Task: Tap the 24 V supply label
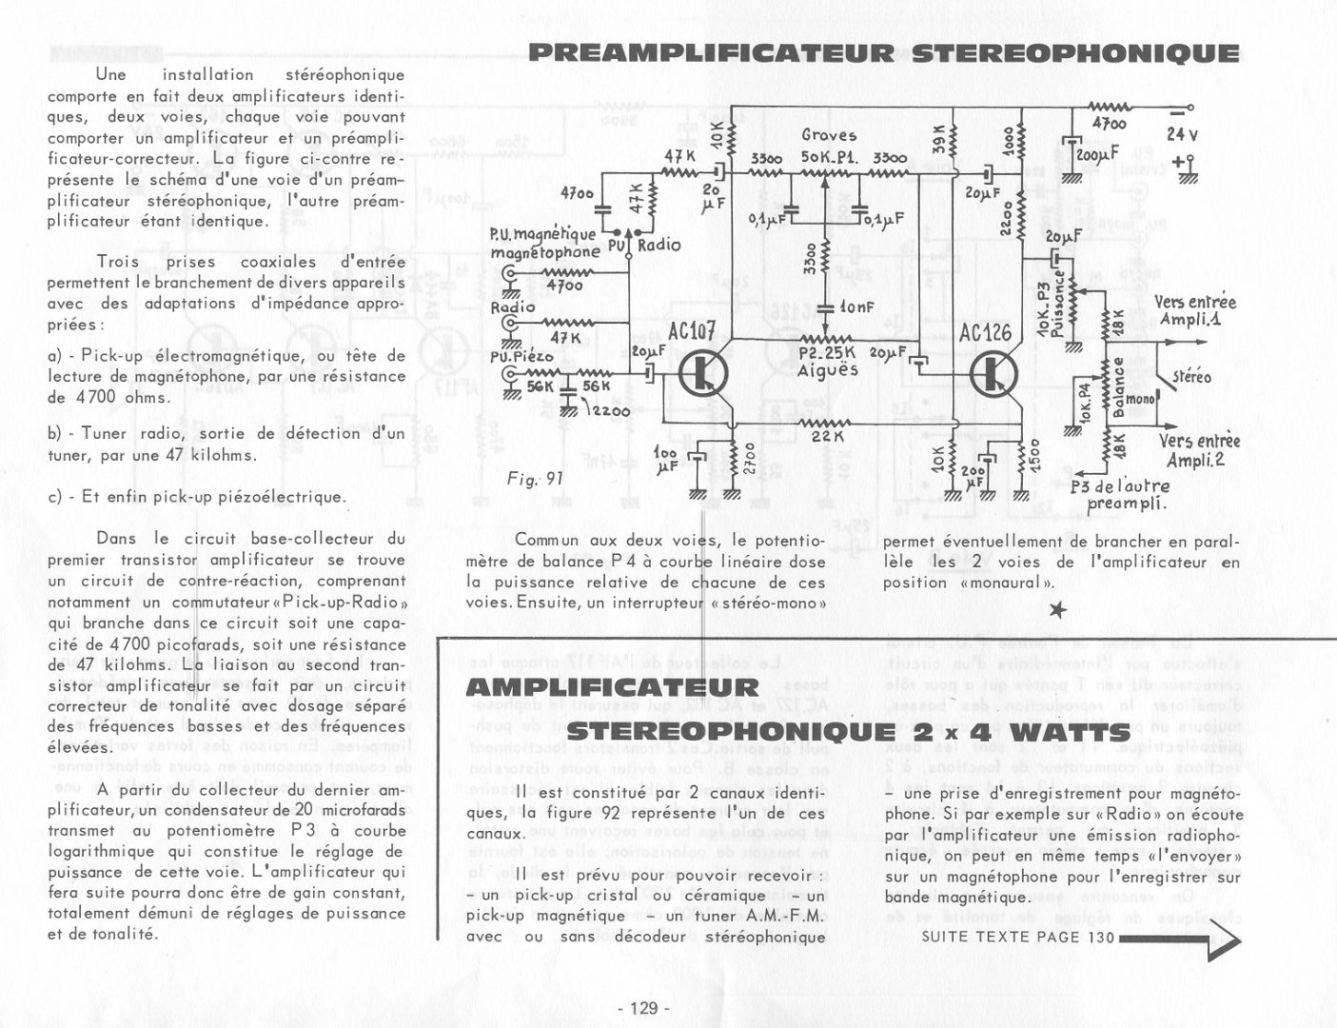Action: tap(1182, 135)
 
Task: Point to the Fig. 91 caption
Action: tap(536, 479)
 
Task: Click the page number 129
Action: tap(644, 1008)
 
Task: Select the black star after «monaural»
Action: tap(1057, 609)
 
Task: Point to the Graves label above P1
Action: tap(829, 135)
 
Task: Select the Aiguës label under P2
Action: tap(828, 370)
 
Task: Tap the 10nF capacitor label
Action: tap(856, 307)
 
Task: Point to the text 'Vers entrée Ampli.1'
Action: tap(1195, 310)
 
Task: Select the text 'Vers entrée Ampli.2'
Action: tap(1199, 450)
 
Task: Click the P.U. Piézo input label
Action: tap(521, 357)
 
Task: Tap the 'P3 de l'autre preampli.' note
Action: tap(1119, 495)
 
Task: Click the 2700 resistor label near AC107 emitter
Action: tap(747, 458)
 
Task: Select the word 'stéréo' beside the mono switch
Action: tap(1191, 377)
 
